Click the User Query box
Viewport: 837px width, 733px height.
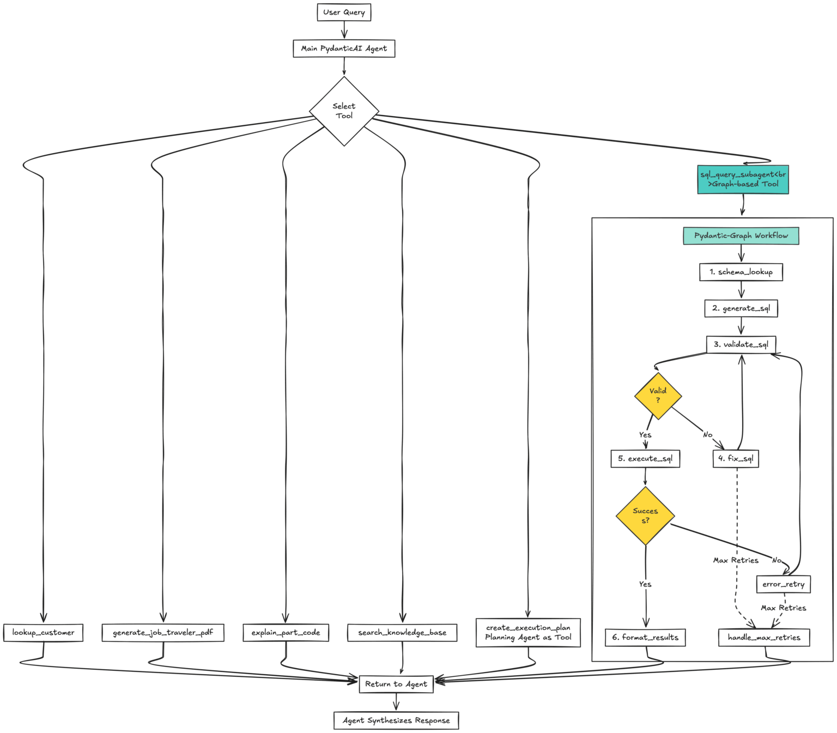(x=344, y=13)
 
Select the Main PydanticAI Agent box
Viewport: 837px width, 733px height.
(x=344, y=49)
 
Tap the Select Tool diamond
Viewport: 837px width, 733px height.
(x=344, y=111)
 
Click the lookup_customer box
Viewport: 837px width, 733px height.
(x=43, y=633)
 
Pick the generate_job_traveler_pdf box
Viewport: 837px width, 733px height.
(x=163, y=633)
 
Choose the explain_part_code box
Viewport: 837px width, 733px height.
(x=286, y=633)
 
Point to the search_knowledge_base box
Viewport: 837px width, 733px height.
(x=402, y=633)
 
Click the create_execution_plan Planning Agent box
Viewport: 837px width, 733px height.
(x=528, y=633)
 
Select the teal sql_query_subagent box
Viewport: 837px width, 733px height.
(x=743, y=179)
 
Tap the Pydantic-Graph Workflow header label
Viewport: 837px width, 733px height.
(x=741, y=236)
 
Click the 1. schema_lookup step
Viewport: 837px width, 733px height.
(x=741, y=272)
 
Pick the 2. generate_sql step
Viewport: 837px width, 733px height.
(x=741, y=308)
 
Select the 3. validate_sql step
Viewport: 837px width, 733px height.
(x=741, y=344)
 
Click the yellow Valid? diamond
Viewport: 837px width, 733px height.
(x=658, y=396)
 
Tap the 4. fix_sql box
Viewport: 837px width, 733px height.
(x=736, y=459)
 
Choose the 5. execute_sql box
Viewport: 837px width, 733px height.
(x=645, y=459)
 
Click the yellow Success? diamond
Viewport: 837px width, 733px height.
(x=645, y=516)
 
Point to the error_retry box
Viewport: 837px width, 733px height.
(x=783, y=584)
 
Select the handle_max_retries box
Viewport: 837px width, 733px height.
(x=764, y=638)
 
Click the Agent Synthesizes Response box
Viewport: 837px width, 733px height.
(x=396, y=720)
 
